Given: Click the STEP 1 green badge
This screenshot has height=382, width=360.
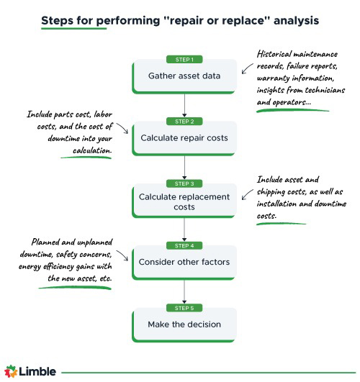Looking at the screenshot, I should click(184, 59).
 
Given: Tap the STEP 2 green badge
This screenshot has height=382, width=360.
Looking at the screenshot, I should click(184, 121).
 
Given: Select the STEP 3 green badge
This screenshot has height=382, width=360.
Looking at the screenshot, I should click(184, 183).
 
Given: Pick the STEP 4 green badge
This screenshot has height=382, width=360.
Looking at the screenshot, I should click(184, 245).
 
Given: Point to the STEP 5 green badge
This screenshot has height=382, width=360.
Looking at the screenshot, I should click(184, 307).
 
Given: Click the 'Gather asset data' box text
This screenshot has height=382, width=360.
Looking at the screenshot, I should click(184, 76).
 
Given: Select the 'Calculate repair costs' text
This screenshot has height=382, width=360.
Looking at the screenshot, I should click(184, 138).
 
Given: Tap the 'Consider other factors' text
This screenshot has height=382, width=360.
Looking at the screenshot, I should click(184, 262).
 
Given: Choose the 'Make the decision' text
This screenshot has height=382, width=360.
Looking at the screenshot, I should click(184, 324).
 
